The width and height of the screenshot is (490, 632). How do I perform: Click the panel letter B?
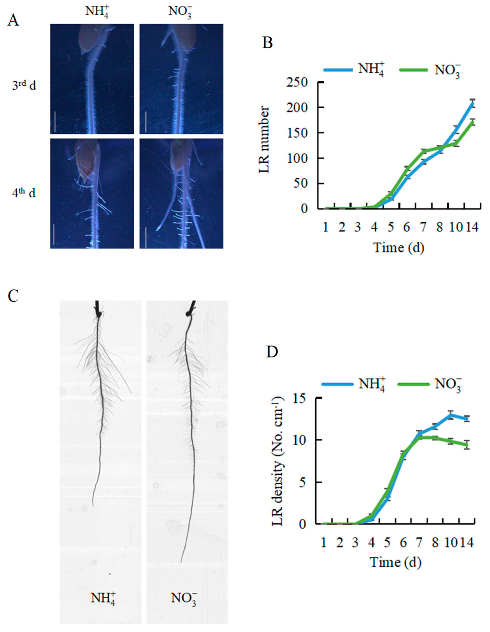click(267, 43)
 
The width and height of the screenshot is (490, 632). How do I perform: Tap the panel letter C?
click(13, 296)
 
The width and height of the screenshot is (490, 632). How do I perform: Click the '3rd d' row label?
click(24, 86)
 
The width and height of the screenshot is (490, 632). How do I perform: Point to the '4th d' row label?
click(24, 193)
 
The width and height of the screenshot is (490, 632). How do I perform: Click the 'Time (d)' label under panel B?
click(399, 248)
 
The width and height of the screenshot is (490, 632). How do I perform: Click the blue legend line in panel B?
click(338, 70)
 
